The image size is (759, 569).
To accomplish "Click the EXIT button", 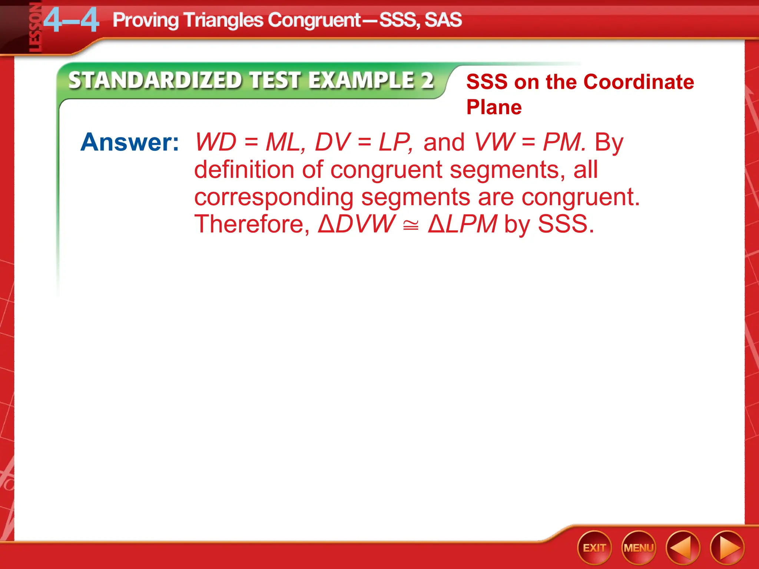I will click(x=594, y=548).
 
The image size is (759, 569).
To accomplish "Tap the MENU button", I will click(x=639, y=548).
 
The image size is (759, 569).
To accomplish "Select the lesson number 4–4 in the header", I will click(x=71, y=21).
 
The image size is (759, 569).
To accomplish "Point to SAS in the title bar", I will click(x=443, y=20).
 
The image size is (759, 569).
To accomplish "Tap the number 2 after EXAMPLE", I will click(x=427, y=80).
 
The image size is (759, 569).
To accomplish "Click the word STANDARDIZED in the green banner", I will click(x=155, y=80).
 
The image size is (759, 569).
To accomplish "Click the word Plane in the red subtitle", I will click(x=494, y=107).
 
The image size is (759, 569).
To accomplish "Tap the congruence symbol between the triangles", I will click(x=411, y=225).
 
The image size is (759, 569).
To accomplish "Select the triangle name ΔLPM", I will click(x=462, y=224).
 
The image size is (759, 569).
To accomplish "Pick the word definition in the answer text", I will click(x=244, y=170).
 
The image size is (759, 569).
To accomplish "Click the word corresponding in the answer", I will click(x=274, y=197).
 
